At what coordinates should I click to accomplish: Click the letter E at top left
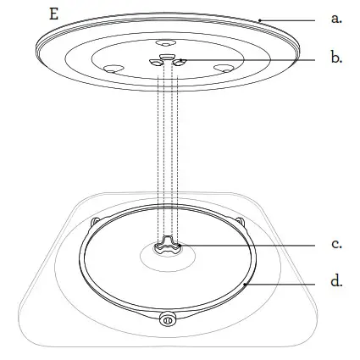point(54,14)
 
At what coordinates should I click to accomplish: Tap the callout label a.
point(336,19)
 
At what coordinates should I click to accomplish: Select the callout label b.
point(336,58)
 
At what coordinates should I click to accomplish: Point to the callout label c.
point(336,244)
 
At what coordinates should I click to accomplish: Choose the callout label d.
point(336,281)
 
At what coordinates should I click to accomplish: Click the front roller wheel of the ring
point(168,320)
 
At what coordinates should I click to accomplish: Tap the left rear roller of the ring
point(95,222)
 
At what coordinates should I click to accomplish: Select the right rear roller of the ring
point(240,221)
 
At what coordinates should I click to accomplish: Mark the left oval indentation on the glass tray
point(114,69)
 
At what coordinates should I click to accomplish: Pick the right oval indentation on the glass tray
point(224,69)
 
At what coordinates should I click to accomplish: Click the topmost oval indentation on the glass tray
point(166,43)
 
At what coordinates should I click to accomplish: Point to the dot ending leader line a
point(259,20)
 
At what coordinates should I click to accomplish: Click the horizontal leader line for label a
point(287,20)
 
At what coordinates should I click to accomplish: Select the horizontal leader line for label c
point(247,246)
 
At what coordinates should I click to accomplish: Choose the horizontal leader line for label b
point(247,60)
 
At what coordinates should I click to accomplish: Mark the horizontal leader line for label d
point(280,284)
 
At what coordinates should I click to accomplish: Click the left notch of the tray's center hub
point(156,63)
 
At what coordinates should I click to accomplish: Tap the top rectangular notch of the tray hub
point(166,57)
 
